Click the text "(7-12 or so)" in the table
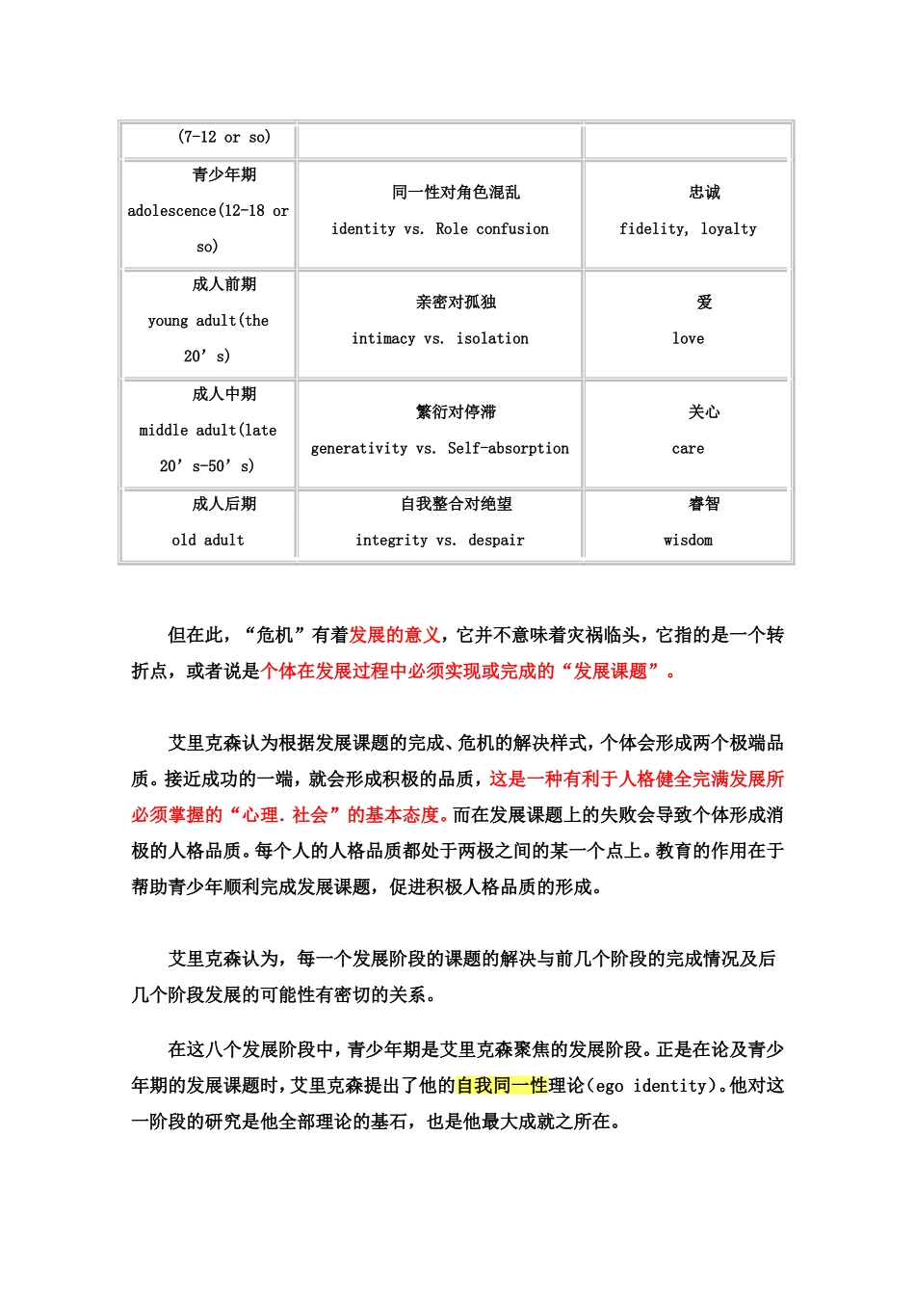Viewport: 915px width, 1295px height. (x=224, y=137)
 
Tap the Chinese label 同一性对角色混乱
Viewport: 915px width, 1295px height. (x=456, y=193)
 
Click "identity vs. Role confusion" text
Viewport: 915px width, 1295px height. (x=440, y=229)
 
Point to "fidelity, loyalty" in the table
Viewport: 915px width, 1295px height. (x=688, y=229)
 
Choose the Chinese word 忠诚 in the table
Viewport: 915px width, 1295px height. (x=704, y=193)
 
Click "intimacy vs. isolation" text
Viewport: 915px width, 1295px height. (x=440, y=339)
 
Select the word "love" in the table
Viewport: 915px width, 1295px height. (x=688, y=339)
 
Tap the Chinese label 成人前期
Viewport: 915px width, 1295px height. (x=224, y=284)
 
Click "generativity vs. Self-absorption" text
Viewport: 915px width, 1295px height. (x=440, y=449)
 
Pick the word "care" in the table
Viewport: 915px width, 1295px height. (x=688, y=449)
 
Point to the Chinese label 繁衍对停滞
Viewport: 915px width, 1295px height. (x=456, y=412)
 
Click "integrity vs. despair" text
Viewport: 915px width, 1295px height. (x=440, y=541)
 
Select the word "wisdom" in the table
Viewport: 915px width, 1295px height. (x=688, y=541)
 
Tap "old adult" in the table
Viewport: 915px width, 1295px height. (x=208, y=541)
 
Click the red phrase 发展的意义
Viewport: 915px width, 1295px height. (x=395, y=635)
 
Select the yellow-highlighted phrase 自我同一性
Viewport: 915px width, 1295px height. (x=502, y=1086)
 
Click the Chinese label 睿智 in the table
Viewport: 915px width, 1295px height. (x=704, y=504)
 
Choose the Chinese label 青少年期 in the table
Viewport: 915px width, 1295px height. (x=224, y=174)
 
